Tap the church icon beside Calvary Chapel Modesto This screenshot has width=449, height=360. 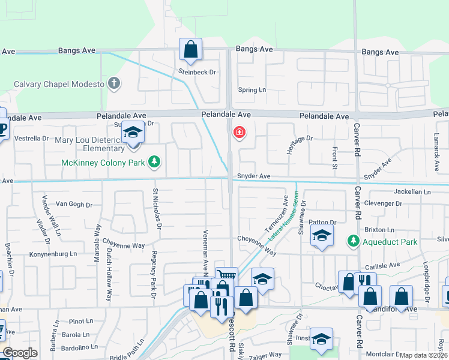pyautogui.click(x=114, y=84)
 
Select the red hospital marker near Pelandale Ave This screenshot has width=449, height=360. pyautogui.click(x=239, y=132)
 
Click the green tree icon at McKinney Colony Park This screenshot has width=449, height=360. pyautogui.click(x=155, y=161)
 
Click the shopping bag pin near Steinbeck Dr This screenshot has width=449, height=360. pyautogui.click(x=190, y=50)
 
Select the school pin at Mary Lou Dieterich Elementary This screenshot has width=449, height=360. pyautogui.click(x=132, y=133)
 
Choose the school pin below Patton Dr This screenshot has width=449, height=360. pyautogui.click(x=322, y=236)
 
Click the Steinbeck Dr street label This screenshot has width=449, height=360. pyautogui.click(x=197, y=72)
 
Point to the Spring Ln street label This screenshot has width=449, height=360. pyautogui.click(x=252, y=90)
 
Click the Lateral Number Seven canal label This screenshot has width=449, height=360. pyautogui.click(x=283, y=217)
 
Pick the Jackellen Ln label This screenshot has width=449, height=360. pyautogui.click(x=412, y=192)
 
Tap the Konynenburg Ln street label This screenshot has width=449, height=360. pyautogui.click(x=53, y=255)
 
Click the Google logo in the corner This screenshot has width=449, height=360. pyautogui.click(x=20, y=353)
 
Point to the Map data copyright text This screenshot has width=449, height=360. pyautogui.click(x=423, y=355)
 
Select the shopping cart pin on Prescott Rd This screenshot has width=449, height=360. pyautogui.click(x=226, y=277)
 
